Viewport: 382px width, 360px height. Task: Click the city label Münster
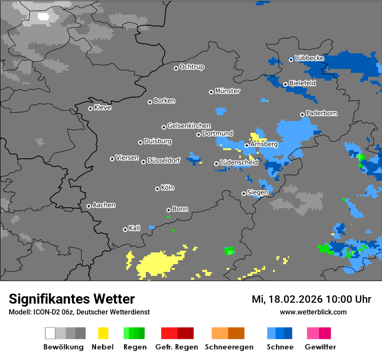[227, 91]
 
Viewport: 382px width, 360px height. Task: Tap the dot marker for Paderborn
[302, 115]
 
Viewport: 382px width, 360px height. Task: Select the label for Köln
[167, 188]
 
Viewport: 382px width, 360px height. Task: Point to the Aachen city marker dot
[89, 206]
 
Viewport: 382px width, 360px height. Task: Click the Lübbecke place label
[309, 58]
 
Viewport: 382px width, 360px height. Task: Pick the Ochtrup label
[191, 67]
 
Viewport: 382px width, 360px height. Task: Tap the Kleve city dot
[90, 108]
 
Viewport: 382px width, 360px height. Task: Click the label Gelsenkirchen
[189, 126]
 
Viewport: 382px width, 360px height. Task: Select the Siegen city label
[257, 193]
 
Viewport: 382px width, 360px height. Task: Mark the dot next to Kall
[125, 229]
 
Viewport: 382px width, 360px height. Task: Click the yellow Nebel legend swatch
[103, 333]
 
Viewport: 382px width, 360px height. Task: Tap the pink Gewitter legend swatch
[313, 333]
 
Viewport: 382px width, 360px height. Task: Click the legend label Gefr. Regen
[177, 347]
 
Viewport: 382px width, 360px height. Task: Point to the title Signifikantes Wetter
[72, 299]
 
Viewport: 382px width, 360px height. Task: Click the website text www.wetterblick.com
[313, 312]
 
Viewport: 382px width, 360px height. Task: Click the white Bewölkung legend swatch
[50, 333]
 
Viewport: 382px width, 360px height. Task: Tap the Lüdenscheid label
[239, 162]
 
